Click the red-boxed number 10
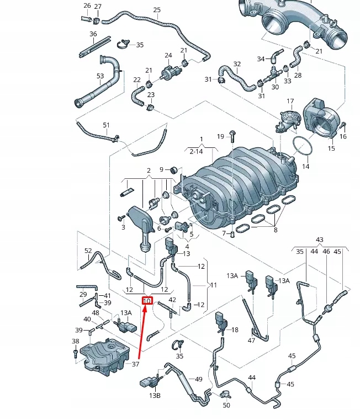pos(147,301)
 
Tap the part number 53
pos(100,76)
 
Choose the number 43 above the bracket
pos(319,239)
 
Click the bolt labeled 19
pos(232,135)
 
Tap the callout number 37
pos(135,364)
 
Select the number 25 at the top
pos(157,10)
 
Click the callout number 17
pos(290,102)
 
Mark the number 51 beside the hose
pos(106,125)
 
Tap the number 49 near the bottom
pos(199,379)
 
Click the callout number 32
pos(237,64)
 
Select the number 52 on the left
pos(88,251)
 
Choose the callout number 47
pos(251,341)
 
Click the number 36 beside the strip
pos(93,34)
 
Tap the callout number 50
pos(226,406)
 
